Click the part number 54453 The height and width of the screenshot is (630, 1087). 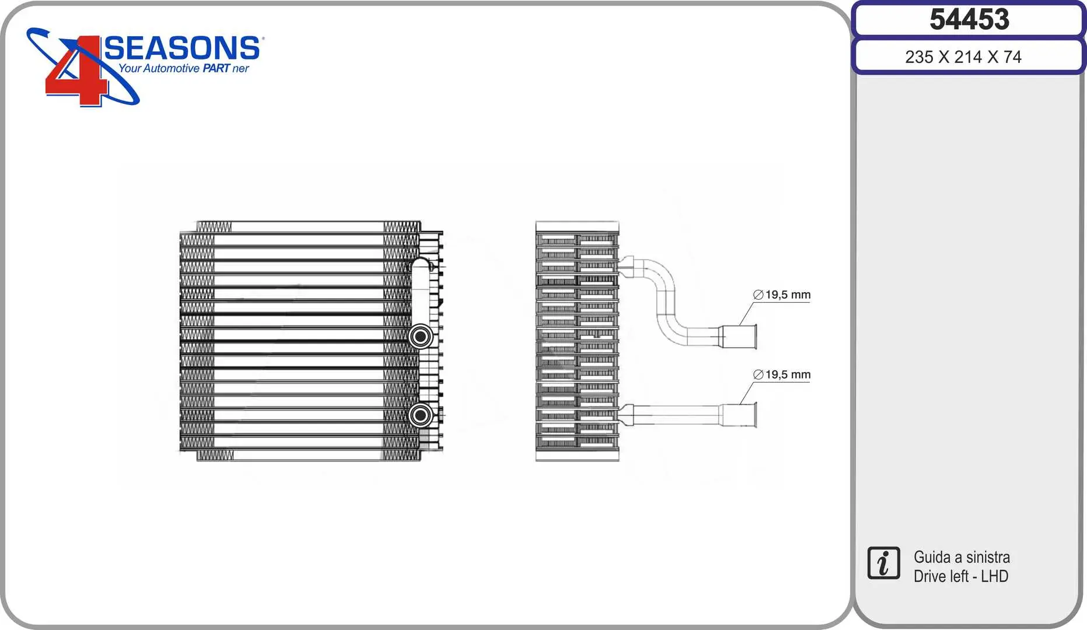click(969, 20)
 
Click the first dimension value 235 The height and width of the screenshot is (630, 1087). click(919, 57)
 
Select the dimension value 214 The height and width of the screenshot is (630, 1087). click(968, 57)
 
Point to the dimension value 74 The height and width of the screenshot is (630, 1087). click(1012, 57)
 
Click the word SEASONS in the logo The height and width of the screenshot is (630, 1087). click(182, 48)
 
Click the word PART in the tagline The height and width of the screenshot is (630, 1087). click(216, 69)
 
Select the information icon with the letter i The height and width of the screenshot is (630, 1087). click(883, 563)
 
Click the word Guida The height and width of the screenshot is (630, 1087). click(932, 557)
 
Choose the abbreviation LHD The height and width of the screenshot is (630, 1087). click(994, 576)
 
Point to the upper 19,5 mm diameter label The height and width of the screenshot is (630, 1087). click(782, 295)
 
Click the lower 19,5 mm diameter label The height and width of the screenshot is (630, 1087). click(782, 375)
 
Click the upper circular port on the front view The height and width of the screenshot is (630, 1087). click(420, 337)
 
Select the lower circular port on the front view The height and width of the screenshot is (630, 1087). click(420, 415)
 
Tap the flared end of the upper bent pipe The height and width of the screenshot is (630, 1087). click(740, 337)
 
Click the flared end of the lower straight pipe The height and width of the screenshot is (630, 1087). click(740, 415)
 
